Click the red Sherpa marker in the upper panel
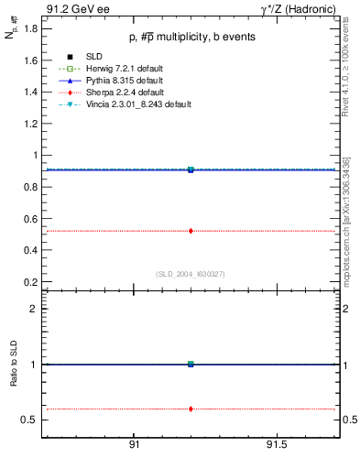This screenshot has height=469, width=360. point(191,231)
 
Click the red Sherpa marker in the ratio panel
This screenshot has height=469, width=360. point(191,409)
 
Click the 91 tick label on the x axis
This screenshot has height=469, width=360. point(134,444)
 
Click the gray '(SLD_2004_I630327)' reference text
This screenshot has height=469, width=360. point(191,274)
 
